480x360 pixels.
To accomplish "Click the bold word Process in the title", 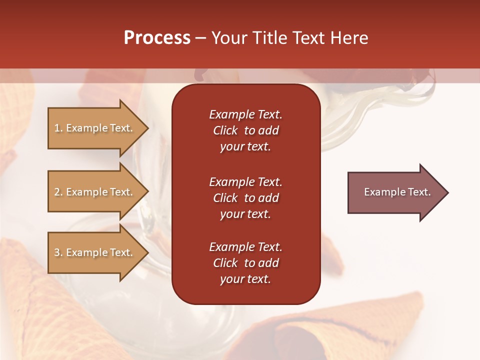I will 157,38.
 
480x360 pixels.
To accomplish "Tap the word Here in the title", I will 349,38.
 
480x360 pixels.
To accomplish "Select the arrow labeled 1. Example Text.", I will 95,128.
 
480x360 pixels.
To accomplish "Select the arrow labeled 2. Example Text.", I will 95,192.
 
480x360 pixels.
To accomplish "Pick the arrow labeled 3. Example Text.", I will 95,252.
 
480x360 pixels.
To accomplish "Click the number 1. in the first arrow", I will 58,128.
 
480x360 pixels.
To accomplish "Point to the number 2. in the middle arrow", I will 58,192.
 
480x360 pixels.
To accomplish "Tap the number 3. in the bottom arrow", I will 58,252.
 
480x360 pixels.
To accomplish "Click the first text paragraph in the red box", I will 245,130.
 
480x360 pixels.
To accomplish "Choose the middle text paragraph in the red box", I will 245,198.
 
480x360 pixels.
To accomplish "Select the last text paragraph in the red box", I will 245,263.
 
